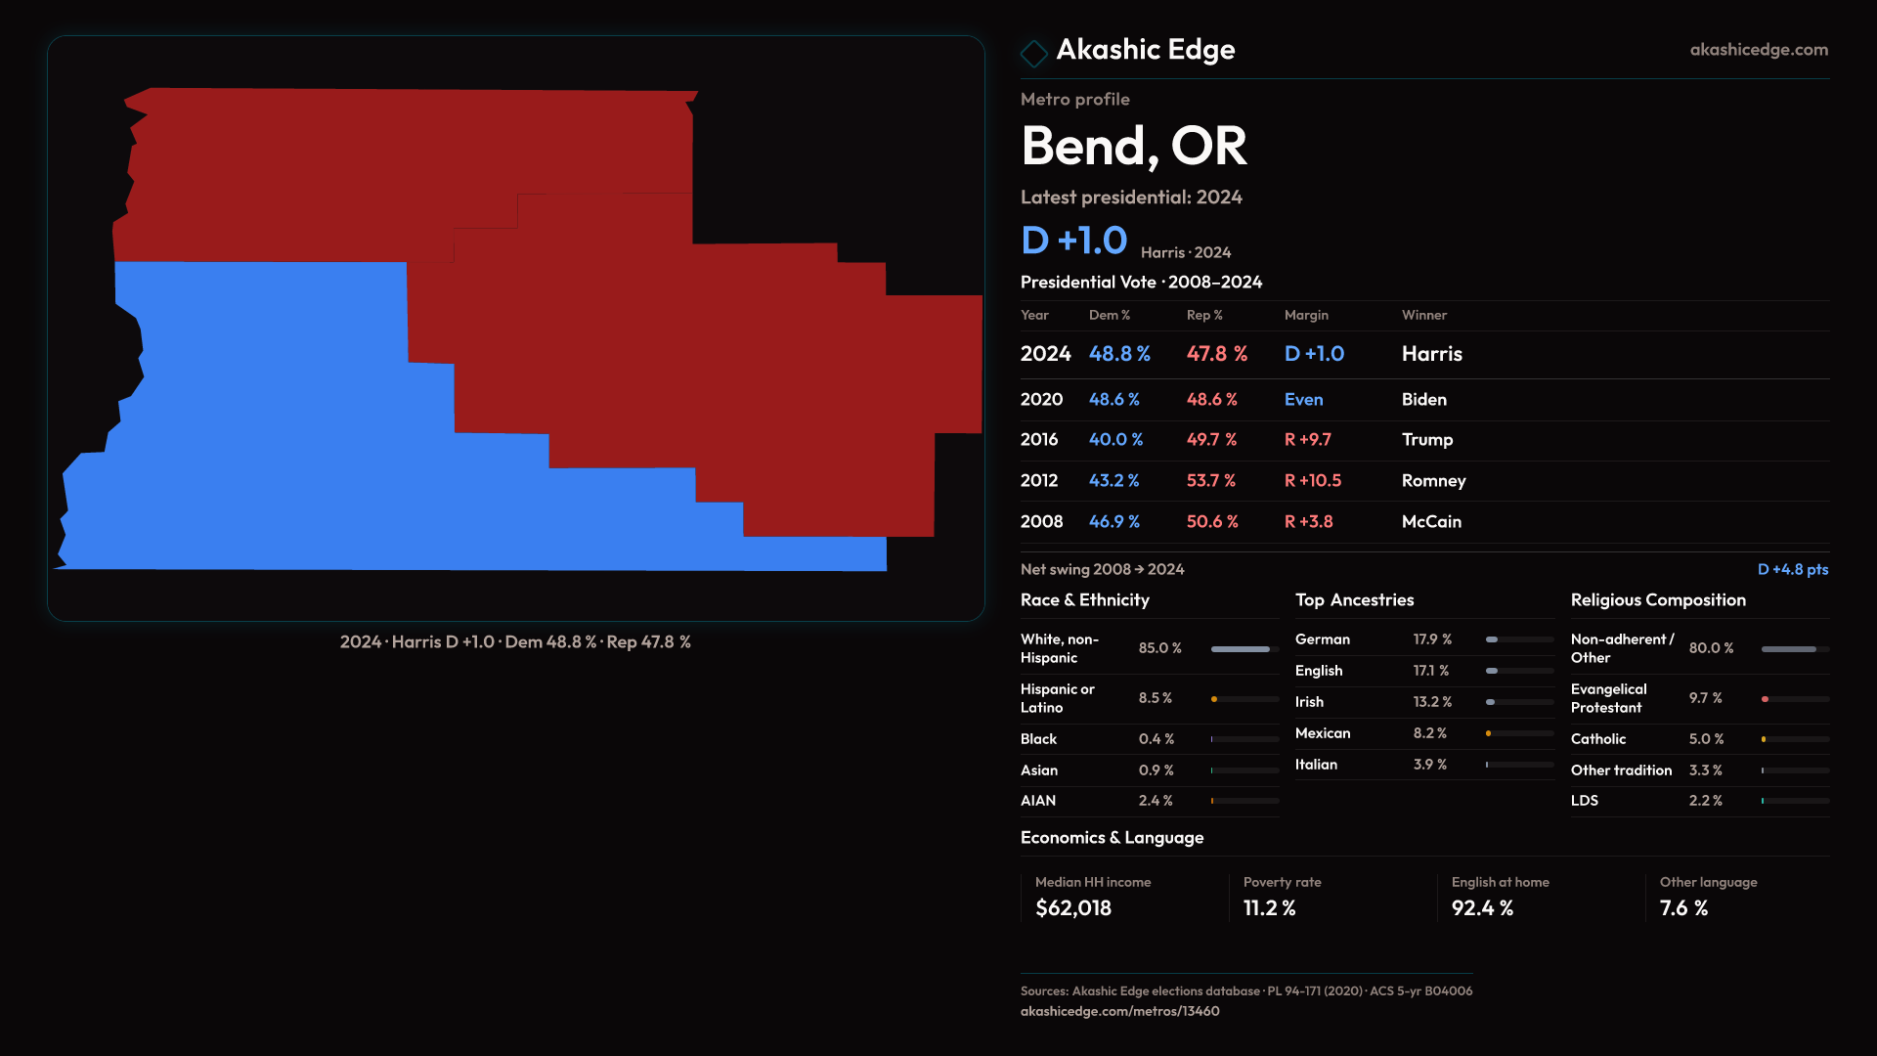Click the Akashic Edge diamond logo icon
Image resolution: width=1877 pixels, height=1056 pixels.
pyautogui.click(x=1033, y=52)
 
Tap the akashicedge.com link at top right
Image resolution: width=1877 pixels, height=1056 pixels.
pyautogui.click(x=1758, y=50)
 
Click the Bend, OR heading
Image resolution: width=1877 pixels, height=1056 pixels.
pyautogui.click(x=1133, y=146)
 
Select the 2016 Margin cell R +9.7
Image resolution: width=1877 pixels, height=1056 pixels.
pyautogui.click(x=1307, y=440)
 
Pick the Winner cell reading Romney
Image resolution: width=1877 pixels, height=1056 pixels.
pyautogui.click(x=1433, y=481)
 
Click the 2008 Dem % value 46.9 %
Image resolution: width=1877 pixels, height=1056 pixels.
pyautogui.click(x=1113, y=522)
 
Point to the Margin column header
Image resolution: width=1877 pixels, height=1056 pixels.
pyautogui.click(x=1306, y=315)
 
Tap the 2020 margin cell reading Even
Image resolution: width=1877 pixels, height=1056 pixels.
pyautogui.click(x=1303, y=400)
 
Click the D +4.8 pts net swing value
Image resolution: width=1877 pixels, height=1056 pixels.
pyautogui.click(x=1792, y=569)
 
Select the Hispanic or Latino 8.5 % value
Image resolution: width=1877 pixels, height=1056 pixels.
pyautogui.click(x=1155, y=698)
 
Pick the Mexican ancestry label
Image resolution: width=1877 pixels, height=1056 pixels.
pyautogui.click(x=1322, y=733)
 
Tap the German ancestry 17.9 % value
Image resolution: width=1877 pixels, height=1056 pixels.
pyautogui.click(x=1431, y=639)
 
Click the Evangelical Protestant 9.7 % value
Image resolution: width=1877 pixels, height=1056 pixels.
pyautogui.click(x=1705, y=698)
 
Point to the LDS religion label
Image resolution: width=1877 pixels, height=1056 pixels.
pyautogui.click(x=1584, y=801)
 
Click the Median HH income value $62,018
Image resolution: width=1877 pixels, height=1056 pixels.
pyautogui.click(x=1072, y=908)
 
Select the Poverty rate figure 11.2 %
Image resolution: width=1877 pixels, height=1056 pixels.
pyautogui.click(x=1269, y=908)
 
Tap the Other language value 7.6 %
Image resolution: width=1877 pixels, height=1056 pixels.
pyautogui.click(x=1683, y=908)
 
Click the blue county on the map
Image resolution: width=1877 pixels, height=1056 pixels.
pyautogui.click(x=293, y=440)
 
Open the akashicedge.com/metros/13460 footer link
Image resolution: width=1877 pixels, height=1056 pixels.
pyautogui.click(x=1119, y=1011)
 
